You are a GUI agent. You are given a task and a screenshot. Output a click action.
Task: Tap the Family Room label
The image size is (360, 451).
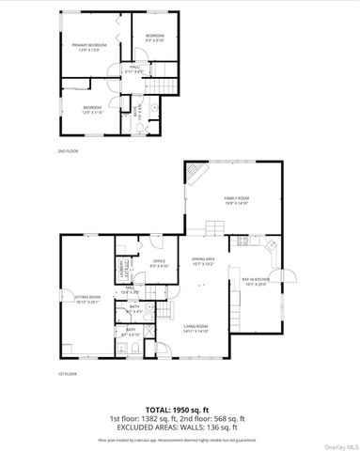tap(236, 200)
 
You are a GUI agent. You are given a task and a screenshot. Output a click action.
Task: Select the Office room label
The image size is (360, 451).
tap(160, 263)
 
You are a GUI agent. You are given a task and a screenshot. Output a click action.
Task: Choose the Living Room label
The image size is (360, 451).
tap(196, 328)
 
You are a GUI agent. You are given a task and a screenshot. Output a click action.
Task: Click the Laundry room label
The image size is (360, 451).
tap(123, 272)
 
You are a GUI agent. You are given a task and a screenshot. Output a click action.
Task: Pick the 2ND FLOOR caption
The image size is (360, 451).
tap(67, 150)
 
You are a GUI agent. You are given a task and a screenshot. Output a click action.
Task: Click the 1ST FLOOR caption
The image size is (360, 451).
tap(66, 374)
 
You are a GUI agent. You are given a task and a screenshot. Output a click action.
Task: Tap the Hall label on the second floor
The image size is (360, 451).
tap(136, 69)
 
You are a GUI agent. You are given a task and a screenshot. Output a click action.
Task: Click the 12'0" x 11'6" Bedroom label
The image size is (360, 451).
tap(91, 110)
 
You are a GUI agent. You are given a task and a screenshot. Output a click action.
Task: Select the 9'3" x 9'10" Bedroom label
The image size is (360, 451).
tap(155, 39)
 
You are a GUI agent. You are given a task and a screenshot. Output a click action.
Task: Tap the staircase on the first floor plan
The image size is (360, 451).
tap(165, 310)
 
